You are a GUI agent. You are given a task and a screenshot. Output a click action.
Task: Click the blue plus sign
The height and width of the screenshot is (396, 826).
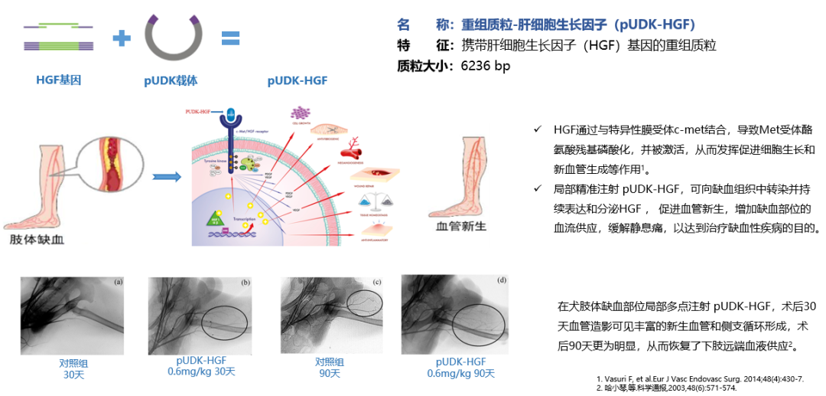121,38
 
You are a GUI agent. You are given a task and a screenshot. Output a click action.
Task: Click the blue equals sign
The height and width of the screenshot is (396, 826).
231,38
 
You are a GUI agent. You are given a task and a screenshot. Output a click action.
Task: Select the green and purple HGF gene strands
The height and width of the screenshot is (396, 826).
59,37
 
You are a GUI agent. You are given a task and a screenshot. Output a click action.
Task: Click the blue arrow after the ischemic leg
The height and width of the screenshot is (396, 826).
166,178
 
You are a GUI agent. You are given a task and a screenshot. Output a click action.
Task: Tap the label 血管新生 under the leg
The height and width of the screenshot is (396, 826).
458,228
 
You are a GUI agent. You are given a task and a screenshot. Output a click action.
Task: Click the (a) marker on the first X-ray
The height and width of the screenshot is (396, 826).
119,282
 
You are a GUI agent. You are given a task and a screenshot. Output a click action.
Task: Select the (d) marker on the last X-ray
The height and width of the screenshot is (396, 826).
501,280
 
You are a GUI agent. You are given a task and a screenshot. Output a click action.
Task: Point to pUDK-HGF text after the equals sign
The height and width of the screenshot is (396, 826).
298,80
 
